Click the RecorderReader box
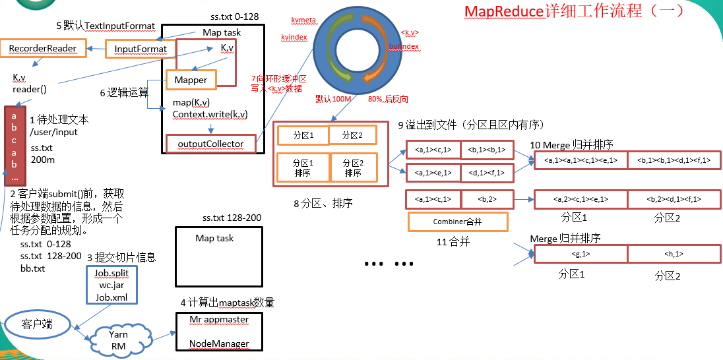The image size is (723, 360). [43, 48]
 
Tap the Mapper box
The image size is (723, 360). [191, 80]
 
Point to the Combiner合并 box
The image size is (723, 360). [458, 222]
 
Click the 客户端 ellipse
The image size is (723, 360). [37, 324]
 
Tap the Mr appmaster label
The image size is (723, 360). [218, 320]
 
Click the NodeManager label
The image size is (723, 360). [218, 344]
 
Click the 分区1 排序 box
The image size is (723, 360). [303, 168]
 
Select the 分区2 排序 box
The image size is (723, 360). [353, 168]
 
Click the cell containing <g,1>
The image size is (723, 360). [580, 254]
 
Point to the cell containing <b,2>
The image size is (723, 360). [486, 198]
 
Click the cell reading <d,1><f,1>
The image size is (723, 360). [487, 173]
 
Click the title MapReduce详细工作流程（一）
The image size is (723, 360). [574, 11]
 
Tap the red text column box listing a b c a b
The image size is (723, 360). [15, 145]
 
